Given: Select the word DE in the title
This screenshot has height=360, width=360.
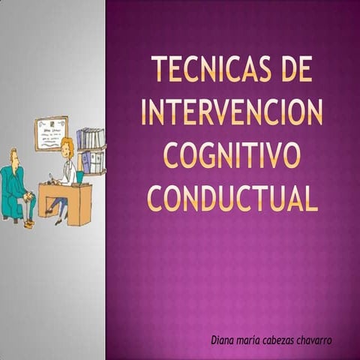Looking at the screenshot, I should coord(295,70).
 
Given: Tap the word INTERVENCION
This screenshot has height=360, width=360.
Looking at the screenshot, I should coord(232,112).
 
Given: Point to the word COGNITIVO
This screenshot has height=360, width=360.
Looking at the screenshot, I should coord(232,155).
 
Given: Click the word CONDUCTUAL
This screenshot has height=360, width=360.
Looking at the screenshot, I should coord(232,198).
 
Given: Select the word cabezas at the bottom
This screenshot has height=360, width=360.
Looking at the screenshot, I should coord(284,341).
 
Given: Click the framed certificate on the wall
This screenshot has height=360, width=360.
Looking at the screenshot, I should coord(51,133).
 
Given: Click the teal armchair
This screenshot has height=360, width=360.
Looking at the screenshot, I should coord(10,191).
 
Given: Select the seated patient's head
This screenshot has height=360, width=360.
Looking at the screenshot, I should coord(14,157).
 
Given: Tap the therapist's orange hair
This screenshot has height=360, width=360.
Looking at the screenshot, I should coord(67,144).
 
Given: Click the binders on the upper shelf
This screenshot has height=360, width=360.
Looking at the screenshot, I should coord(90,139).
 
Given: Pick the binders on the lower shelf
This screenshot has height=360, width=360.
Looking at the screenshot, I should coord(93,162).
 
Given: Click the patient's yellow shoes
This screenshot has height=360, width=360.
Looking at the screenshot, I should coord(28,223).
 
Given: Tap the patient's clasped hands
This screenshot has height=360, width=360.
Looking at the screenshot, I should coord(30,196).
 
